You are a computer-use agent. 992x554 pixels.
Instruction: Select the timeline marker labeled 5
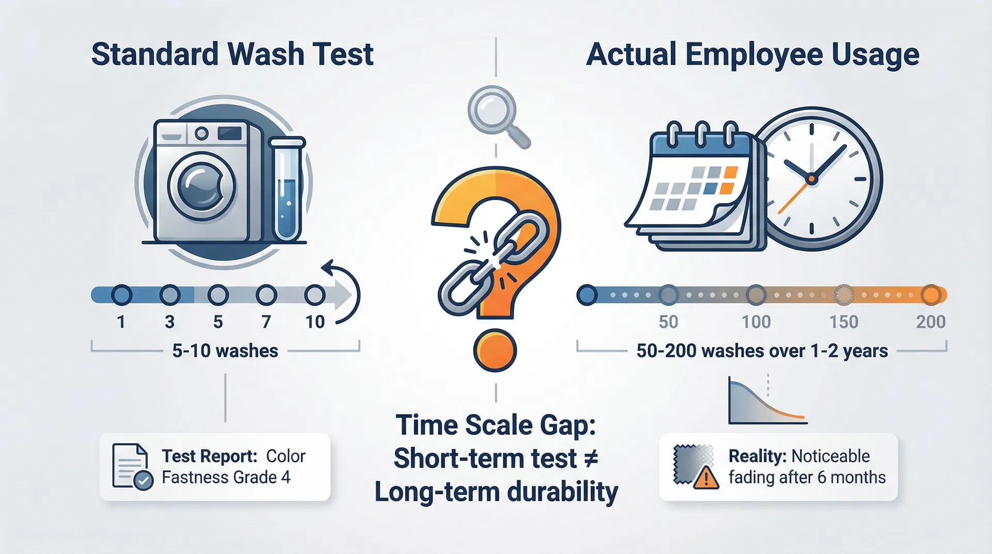click(x=218, y=295)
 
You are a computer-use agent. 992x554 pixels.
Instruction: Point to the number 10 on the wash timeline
click(x=315, y=322)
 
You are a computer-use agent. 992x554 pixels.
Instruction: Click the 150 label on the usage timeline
click(x=844, y=322)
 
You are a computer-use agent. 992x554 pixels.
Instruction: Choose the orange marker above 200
click(x=931, y=295)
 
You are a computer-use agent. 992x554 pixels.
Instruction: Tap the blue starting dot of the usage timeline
click(x=587, y=295)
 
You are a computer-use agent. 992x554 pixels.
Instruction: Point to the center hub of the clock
click(x=811, y=179)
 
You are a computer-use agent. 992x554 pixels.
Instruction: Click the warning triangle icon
click(x=705, y=478)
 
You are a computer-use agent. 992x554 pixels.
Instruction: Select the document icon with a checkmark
click(x=132, y=467)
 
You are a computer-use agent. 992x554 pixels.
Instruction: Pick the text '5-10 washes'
click(x=225, y=351)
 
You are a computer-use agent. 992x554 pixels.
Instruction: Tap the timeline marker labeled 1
click(x=121, y=295)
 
